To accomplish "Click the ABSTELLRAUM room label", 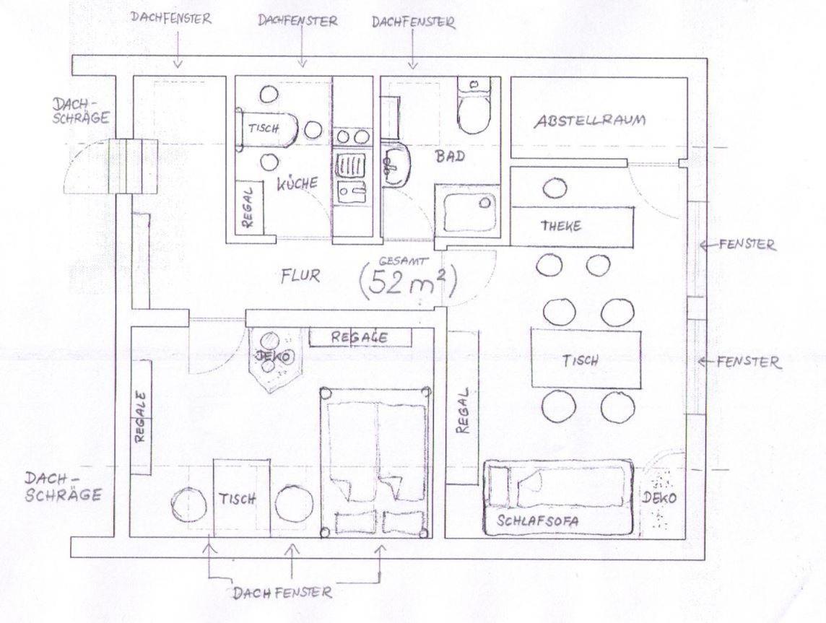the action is coord(590,121).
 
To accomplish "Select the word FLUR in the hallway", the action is coord(300,275).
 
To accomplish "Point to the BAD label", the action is coord(451,156).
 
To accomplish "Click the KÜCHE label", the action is coord(298,183).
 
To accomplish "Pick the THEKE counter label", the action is coord(561,226).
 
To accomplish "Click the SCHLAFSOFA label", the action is coord(538,520).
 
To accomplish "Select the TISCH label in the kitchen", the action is coord(264,128).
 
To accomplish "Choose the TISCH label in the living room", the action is coord(580,361).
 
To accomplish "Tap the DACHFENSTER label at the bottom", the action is coord(282,593).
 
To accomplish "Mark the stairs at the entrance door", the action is coord(134,166).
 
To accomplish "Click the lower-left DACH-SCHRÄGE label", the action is coord(64,487).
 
